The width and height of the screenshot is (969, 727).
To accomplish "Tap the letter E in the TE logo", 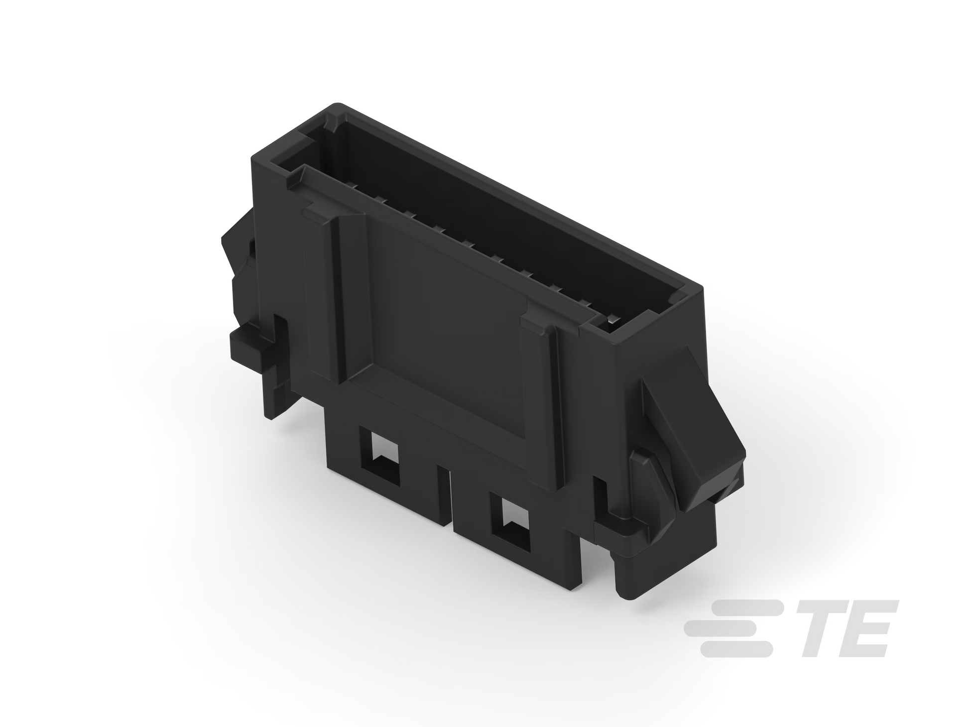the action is [863, 628].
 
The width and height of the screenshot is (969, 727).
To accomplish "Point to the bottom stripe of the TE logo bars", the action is [736, 649].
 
